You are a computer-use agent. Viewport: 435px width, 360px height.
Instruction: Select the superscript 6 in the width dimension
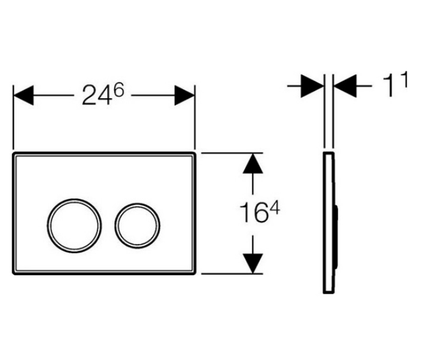(119, 90)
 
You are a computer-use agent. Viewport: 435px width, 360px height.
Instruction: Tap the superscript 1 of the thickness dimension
(404, 79)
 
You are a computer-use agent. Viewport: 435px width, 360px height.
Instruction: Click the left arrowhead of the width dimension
(24, 96)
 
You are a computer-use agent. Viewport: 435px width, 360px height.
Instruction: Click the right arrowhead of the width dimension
(184, 96)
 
